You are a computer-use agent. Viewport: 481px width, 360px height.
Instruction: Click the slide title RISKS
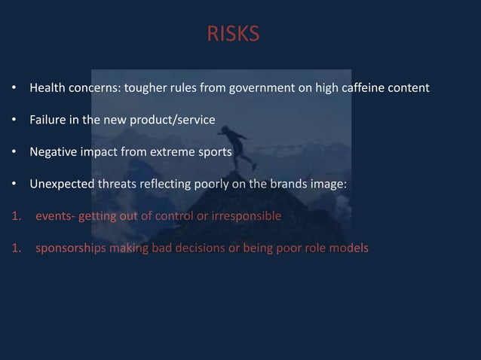(x=233, y=34)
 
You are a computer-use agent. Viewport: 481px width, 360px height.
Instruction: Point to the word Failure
(x=47, y=120)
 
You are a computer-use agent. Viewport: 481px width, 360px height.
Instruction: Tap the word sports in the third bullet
(x=216, y=151)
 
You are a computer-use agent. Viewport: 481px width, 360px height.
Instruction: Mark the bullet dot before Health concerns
(x=14, y=89)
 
